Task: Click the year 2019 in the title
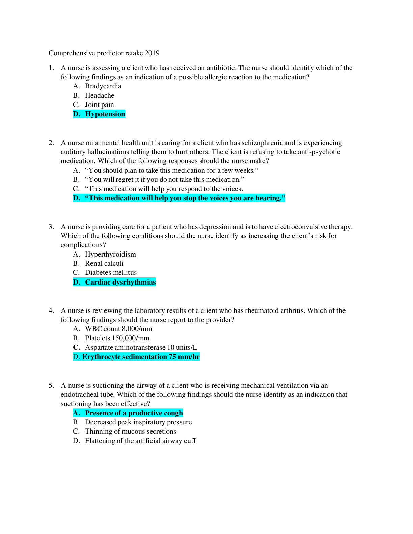152,53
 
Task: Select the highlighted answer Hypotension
105,114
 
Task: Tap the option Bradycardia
103,86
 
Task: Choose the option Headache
100,95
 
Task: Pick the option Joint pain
99,105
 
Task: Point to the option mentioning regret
164,179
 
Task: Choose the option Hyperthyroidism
110,254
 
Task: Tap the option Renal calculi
104,263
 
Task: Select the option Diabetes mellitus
111,272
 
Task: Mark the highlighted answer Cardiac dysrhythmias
120,282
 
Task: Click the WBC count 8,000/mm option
118,329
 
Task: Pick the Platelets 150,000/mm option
117,338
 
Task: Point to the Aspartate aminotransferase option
141,347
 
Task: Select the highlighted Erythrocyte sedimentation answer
141,357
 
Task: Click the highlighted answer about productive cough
134,413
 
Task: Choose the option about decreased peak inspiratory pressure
138,422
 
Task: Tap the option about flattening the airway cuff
140,441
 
